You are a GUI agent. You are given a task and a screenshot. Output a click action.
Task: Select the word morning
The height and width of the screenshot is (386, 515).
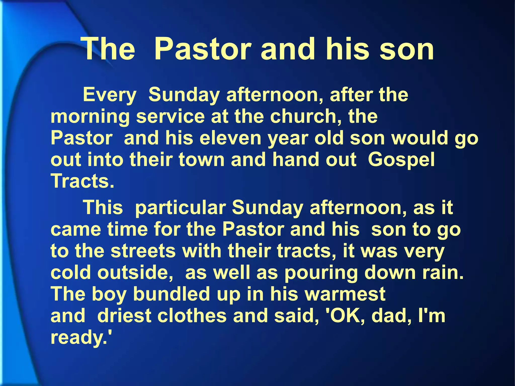[90, 117]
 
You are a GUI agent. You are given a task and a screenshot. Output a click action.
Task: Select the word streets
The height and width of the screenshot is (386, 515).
[143, 251]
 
